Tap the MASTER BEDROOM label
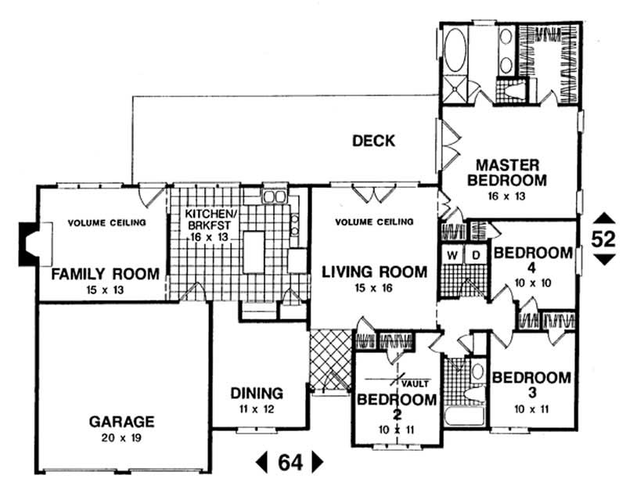pyautogui.click(x=507, y=173)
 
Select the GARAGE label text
pyautogui.click(x=121, y=421)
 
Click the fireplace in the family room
pyautogui.click(x=31, y=239)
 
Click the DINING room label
pyautogui.click(x=257, y=394)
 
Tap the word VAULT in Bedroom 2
pyautogui.click(x=416, y=383)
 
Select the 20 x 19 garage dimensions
pyautogui.click(x=122, y=437)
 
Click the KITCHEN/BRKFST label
pyautogui.click(x=210, y=220)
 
